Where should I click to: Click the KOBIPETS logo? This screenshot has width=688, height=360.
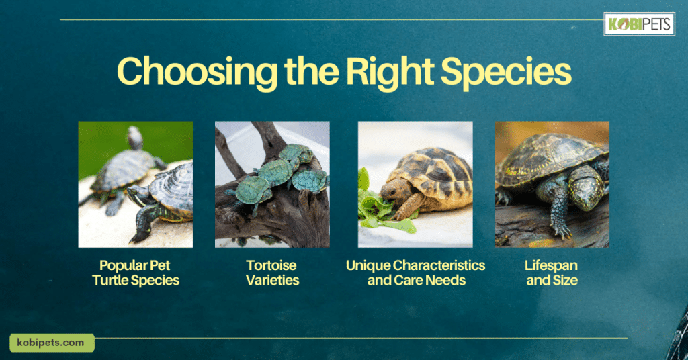click(640, 24)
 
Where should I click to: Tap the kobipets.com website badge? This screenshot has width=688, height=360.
click(52, 343)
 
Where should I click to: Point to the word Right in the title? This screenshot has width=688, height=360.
click(390, 72)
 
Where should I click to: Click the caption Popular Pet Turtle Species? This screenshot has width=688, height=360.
click(136, 273)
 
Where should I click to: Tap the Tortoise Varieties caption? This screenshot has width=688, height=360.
click(272, 273)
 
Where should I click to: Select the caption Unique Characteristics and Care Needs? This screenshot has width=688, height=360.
click(415, 273)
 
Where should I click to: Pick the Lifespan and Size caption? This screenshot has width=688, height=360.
click(552, 273)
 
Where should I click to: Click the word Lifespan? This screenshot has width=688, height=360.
click(551, 266)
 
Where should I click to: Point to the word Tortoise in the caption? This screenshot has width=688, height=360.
click(271, 266)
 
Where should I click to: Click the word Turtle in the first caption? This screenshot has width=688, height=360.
click(111, 281)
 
